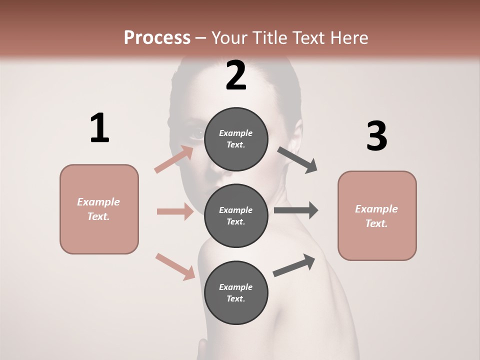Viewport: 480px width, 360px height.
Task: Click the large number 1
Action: click(x=99, y=128)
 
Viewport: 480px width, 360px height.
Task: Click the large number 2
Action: click(x=236, y=75)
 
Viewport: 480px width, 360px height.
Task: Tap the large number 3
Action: click(x=377, y=136)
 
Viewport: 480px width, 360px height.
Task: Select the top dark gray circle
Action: click(x=236, y=139)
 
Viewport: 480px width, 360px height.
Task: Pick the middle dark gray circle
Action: click(x=236, y=215)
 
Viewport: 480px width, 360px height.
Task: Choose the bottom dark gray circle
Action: click(x=236, y=292)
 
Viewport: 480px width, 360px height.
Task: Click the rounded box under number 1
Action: click(x=99, y=209)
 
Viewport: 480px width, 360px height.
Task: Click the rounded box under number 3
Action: click(x=377, y=215)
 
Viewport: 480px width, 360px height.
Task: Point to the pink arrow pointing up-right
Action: click(x=174, y=159)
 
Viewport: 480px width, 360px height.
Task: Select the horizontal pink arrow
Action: click(x=175, y=211)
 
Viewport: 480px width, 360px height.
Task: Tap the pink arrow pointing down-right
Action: click(x=175, y=266)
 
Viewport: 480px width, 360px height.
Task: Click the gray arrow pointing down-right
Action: click(x=297, y=160)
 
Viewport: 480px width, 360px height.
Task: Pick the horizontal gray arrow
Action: click(x=296, y=210)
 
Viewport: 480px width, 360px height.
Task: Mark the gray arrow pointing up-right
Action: click(x=294, y=265)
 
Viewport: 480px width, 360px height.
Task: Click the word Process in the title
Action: click(x=157, y=37)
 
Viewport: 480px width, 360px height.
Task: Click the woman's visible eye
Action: click(x=196, y=133)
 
